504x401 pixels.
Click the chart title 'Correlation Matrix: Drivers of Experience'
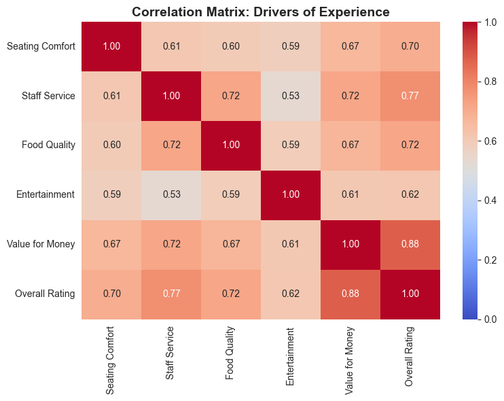261,12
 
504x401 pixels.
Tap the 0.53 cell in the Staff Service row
290,95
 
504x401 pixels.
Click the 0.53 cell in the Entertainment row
171,194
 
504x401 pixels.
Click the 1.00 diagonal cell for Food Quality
231,145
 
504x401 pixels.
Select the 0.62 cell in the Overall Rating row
290,294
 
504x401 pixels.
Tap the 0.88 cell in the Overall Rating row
350,294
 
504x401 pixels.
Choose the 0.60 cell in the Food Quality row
111,145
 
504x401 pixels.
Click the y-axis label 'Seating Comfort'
40,46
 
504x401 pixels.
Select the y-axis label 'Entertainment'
46,194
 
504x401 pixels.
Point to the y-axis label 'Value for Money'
41,244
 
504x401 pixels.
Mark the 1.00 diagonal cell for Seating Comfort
111,46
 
